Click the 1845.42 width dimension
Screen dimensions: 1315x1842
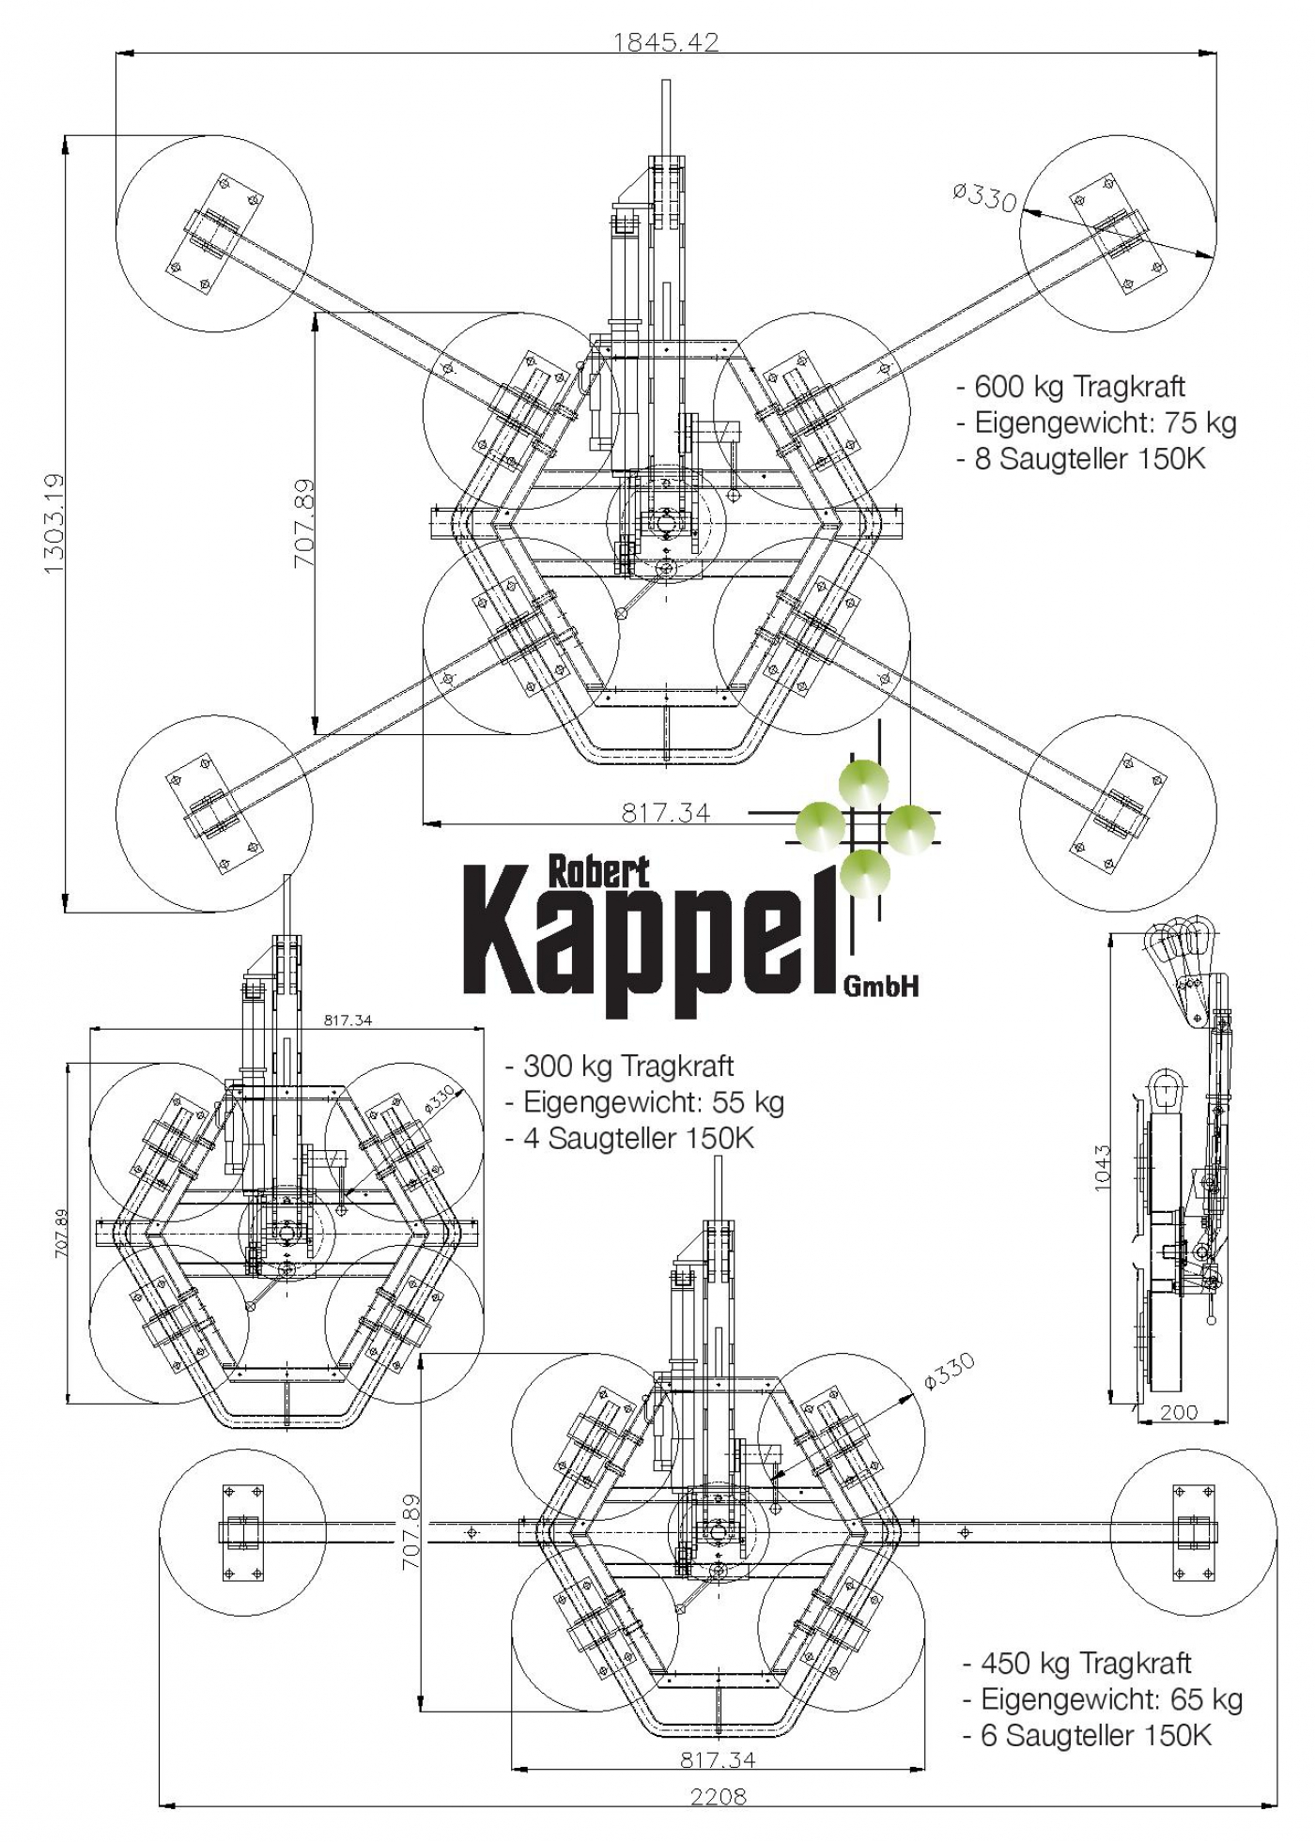(666, 41)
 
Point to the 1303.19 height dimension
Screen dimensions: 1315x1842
(53, 524)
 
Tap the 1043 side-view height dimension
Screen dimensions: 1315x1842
(1103, 1167)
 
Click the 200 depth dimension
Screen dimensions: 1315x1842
(1179, 1411)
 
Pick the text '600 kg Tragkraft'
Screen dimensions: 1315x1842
(1080, 387)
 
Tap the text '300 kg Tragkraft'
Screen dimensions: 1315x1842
(628, 1067)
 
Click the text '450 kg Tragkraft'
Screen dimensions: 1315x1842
(1086, 1663)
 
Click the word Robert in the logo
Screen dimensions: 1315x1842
(598, 873)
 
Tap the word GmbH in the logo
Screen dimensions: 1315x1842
(881, 985)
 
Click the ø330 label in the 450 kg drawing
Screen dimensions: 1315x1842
(950, 1372)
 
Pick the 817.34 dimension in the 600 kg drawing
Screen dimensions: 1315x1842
(666, 812)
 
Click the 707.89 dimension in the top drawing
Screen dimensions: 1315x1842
(304, 524)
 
